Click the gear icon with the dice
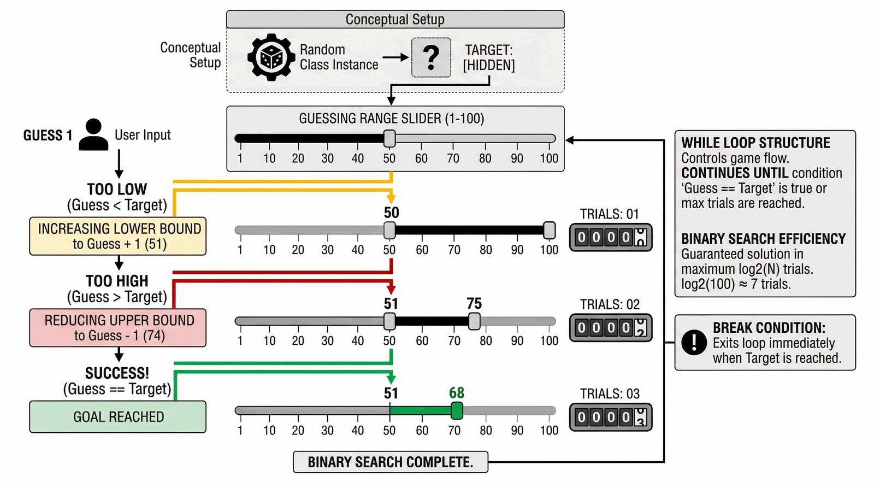point(271,57)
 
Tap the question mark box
point(431,57)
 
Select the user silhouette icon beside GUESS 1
point(93,134)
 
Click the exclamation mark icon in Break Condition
point(694,343)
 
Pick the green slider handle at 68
point(457,410)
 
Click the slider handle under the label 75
point(474,321)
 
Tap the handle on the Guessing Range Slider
point(389,139)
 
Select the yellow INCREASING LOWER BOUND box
point(118,236)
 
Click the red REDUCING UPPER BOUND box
point(118,328)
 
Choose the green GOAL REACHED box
point(118,417)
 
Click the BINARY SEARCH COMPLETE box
point(391,462)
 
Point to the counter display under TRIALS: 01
point(611,237)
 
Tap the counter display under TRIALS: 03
point(611,418)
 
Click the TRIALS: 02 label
point(610,304)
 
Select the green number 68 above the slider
point(457,393)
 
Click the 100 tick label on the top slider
point(549,158)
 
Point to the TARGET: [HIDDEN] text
point(489,57)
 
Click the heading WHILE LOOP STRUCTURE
point(755,143)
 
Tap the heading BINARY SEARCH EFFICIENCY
point(763,239)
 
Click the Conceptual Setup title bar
point(395,20)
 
